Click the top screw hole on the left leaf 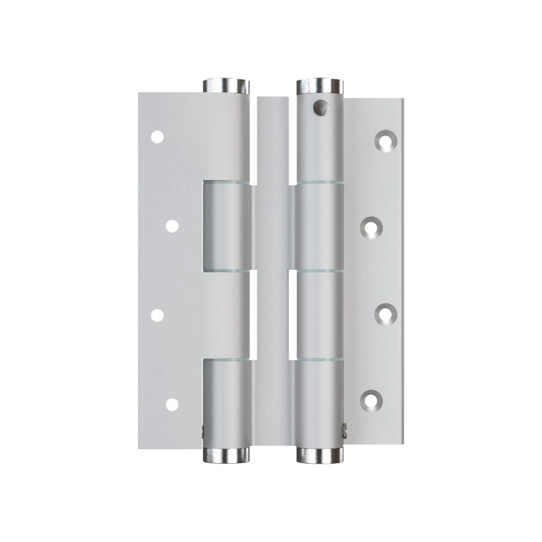(x=157, y=137)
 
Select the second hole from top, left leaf (x=172, y=226)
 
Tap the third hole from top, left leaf (x=157, y=315)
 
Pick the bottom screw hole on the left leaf (x=172, y=404)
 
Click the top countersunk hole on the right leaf (x=385, y=140)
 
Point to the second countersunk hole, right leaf (x=372, y=227)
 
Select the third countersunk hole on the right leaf (x=385, y=313)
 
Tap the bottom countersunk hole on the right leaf (x=372, y=399)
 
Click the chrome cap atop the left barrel (x=226, y=86)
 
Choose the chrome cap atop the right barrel (x=320, y=86)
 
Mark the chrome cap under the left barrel (x=226, y=455)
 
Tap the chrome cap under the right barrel (x=320, y=455)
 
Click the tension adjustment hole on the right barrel (x=320, y=107)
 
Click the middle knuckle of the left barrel (x=226, y=226)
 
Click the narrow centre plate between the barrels (x=273, y=271)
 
